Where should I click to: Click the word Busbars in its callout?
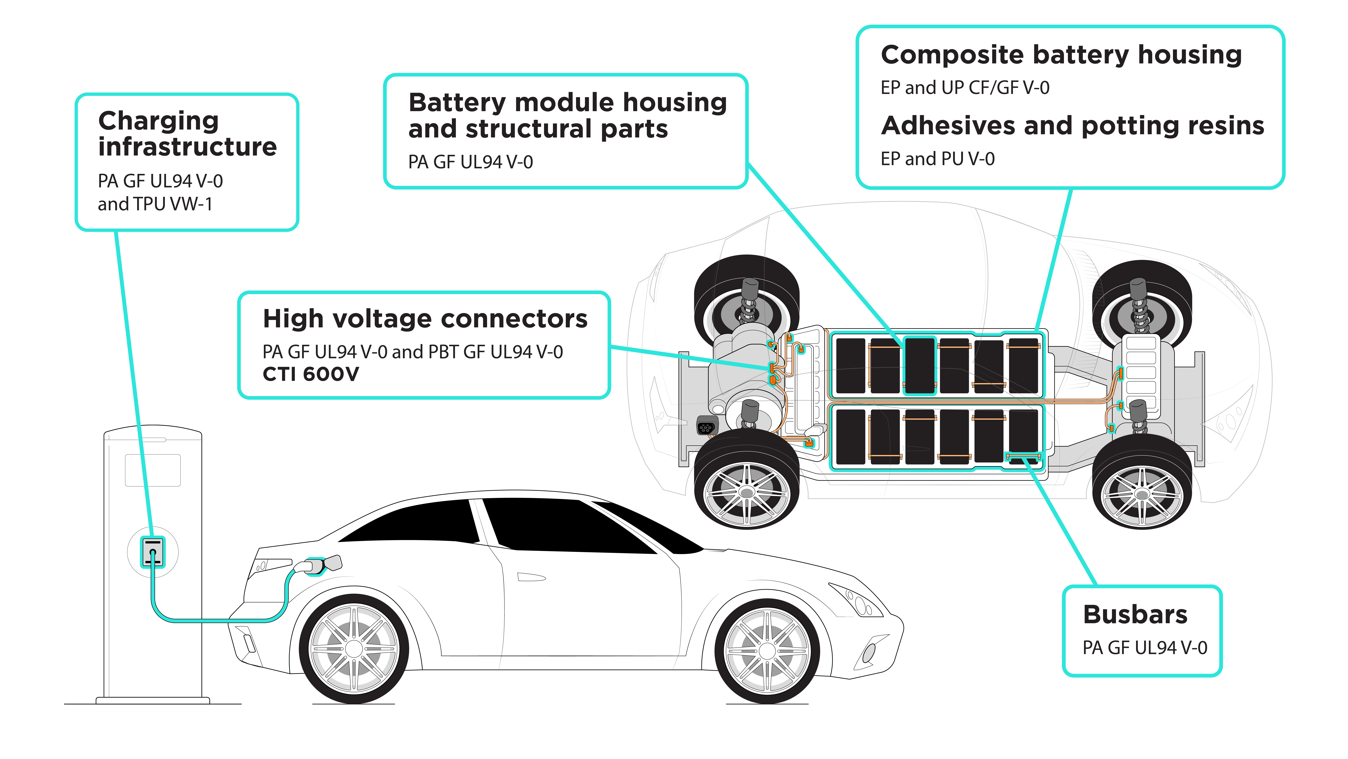pyautogui.click(x=1135, y=614)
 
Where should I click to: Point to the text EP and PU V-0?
pyautogui.click(x=937, y=159)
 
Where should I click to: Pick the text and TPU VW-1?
pyautogui.click(x=155, y=204)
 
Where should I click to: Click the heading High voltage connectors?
pyautogui.click(x=425, y=318)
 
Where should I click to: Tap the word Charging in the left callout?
pyautogui.click(x=158, y=121)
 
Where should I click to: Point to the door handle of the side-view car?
pyautogui.click(x=531, y=577)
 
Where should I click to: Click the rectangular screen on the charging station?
pyautogui.click(x=153, y=470)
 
